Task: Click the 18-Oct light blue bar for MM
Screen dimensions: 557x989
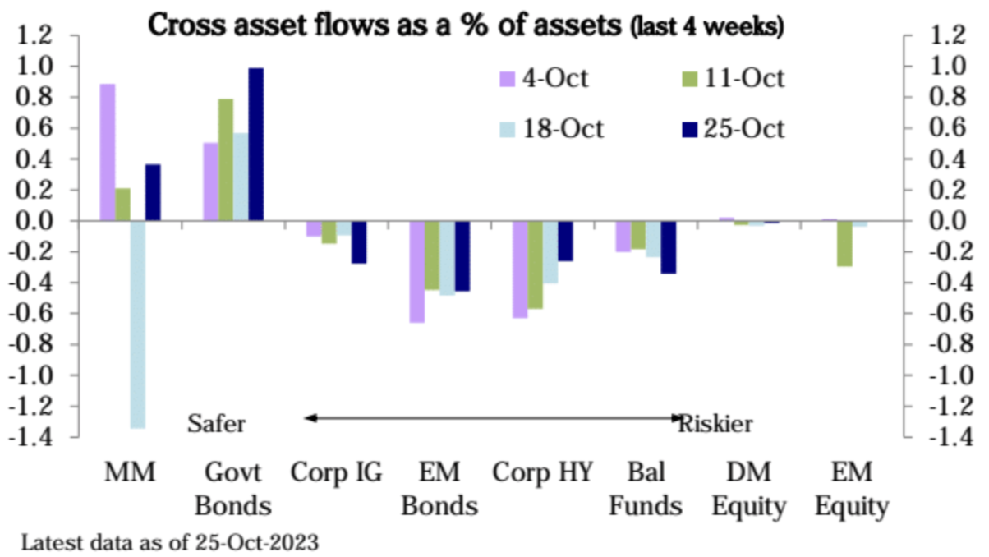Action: coord(137,325)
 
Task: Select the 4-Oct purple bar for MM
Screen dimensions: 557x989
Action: coord(107,152)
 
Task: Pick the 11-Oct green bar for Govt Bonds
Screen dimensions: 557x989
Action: coord(225,159)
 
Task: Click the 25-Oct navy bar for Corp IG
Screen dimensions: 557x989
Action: coord(359,242)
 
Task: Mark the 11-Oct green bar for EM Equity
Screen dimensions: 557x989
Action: coord(844,243)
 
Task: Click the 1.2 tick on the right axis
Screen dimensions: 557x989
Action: coord(941,35)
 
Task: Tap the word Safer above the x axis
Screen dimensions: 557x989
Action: coord(217,424)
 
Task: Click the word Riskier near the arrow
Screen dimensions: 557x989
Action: coord(715,424)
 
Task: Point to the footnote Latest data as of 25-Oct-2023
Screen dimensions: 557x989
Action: coord(169,543)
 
